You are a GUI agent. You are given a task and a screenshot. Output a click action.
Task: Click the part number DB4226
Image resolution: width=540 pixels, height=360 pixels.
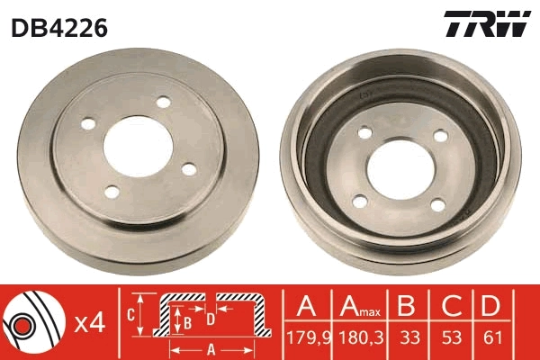point(60,28)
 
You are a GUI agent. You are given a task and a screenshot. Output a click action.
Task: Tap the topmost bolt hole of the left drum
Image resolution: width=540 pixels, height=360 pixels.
point(163,103)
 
